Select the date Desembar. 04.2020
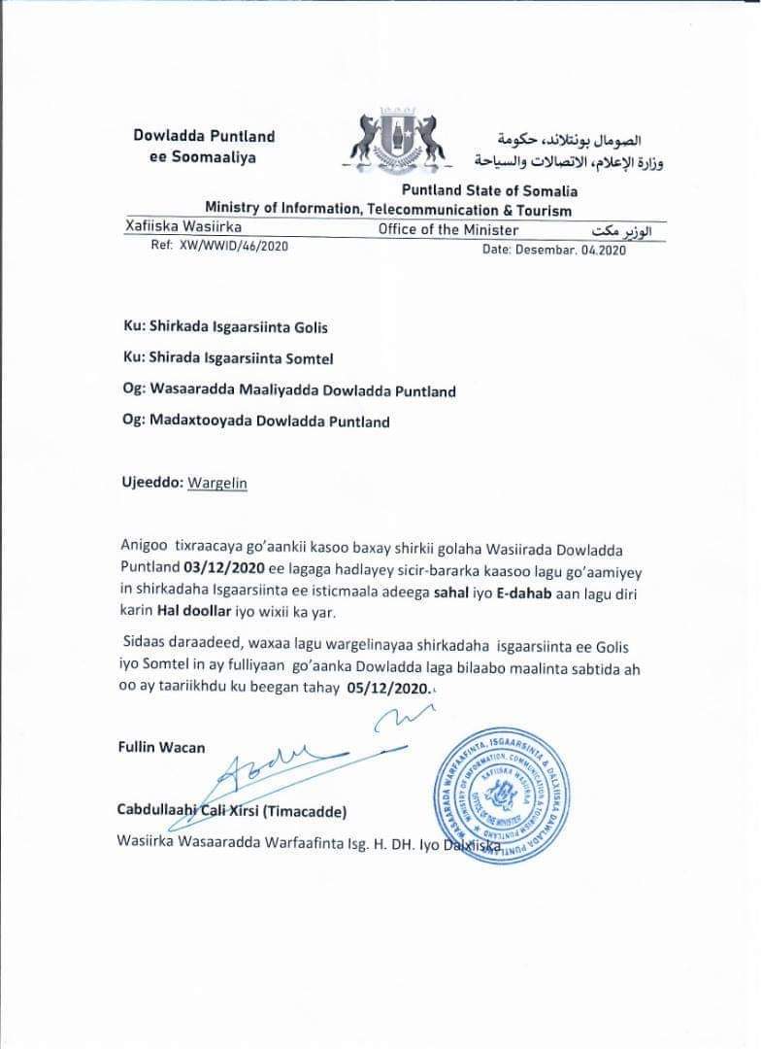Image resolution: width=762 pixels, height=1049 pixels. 554,250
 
